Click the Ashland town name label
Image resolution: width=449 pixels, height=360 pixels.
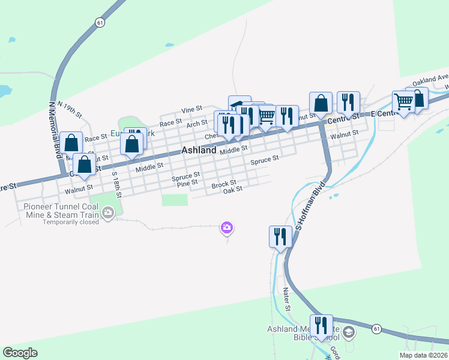point(198,151)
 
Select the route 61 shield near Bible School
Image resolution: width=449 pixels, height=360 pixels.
point(376,329)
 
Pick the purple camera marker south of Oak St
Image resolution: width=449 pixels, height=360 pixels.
point(227,227)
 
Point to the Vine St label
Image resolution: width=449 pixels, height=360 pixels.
point(191,110)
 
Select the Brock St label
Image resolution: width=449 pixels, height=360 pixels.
point(224,183)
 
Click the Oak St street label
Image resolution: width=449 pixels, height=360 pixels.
point(232,190)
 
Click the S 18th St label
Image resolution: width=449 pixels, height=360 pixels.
point(116,184)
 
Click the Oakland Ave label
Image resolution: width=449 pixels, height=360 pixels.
point(429,79)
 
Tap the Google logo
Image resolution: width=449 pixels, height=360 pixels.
point(20,353)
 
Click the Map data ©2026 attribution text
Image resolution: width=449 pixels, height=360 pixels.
point(424,355)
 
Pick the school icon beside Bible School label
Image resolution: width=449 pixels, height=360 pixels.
point(349,331)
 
